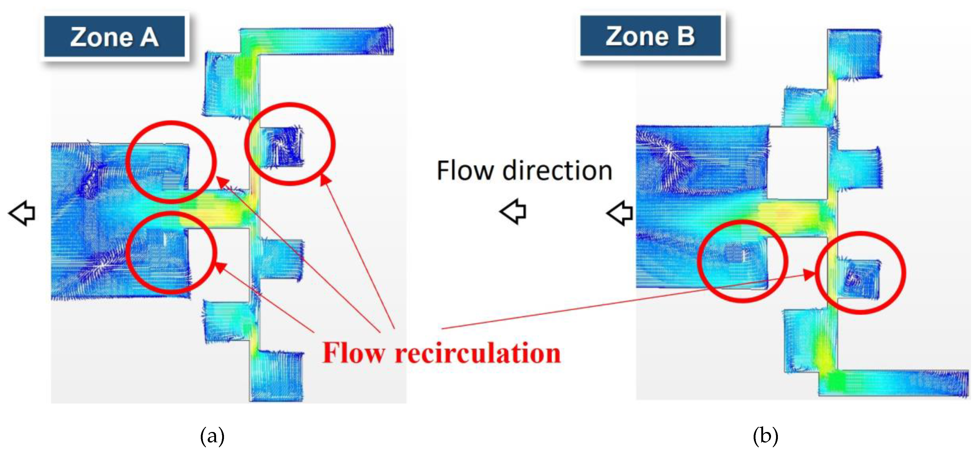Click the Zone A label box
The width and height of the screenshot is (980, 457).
point(114,37)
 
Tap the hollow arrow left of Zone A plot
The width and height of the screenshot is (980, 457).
point(22,213)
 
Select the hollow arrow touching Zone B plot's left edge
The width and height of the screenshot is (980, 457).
point(619,213)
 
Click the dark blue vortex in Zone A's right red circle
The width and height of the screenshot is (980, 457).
point(284,146)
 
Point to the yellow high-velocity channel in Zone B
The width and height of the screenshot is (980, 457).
point(784,214)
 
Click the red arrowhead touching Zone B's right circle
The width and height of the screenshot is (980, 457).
point(810,275)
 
